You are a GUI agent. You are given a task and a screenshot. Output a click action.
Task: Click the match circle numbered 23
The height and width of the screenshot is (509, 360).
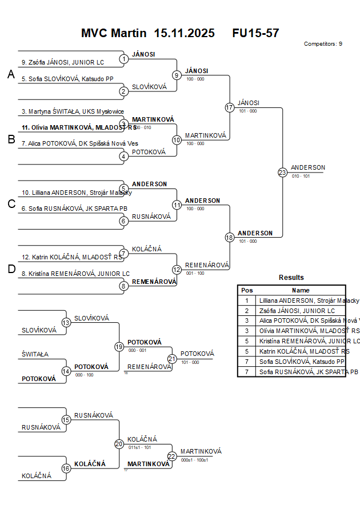282,173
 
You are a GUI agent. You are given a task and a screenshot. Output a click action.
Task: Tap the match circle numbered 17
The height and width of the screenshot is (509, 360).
230,107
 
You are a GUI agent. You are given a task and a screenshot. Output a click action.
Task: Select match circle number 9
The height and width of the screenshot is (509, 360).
177,75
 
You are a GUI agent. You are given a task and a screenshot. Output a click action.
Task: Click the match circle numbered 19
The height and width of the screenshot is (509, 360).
119,346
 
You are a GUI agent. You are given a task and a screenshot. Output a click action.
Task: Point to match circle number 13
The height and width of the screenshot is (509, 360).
66,323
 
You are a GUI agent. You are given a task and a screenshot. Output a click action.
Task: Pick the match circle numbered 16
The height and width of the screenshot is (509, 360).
66,468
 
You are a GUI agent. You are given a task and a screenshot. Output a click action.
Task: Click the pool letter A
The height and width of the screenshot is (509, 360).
11,75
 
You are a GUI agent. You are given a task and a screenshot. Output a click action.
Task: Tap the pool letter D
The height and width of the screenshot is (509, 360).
11,270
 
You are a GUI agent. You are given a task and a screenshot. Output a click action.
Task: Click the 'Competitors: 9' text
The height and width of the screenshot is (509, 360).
323,43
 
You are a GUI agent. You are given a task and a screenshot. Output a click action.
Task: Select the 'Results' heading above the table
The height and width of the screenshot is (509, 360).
291,278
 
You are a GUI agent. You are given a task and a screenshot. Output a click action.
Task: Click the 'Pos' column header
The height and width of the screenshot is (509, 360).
247,290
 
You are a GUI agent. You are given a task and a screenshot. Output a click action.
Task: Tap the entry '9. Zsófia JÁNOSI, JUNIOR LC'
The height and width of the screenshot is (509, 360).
63,62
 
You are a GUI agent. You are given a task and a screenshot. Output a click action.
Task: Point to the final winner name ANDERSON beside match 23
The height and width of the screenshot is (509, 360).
308,167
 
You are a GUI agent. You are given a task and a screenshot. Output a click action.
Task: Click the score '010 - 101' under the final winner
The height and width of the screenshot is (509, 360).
301,177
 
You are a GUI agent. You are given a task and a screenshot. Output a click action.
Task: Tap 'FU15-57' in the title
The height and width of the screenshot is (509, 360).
255,33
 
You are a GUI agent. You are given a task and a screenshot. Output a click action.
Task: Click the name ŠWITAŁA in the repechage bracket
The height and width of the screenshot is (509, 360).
35,354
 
